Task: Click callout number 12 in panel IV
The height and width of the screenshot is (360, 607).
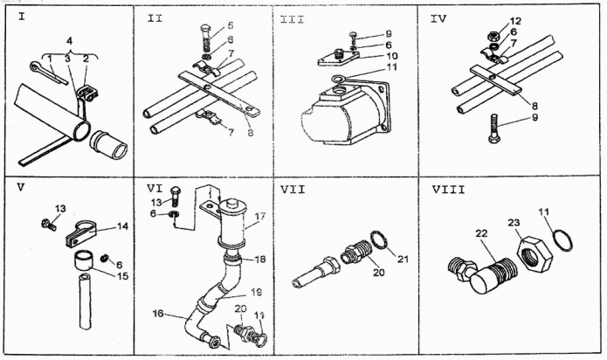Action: pos(515,20)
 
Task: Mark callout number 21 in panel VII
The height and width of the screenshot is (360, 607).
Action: pos(403,256)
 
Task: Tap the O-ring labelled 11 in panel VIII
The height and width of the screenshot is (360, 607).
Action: pos(564,239)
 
